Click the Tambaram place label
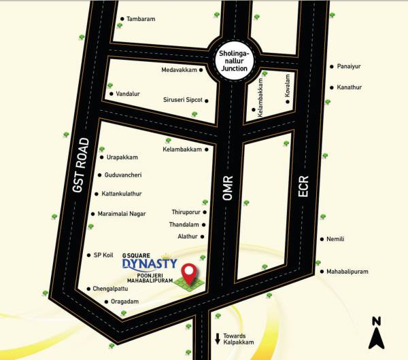[x=141, y=19]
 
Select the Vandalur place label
[x=128, y=94]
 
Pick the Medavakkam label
[x=179, y=70]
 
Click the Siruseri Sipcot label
[x=183, y=100]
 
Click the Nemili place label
[x=336, y=239]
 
